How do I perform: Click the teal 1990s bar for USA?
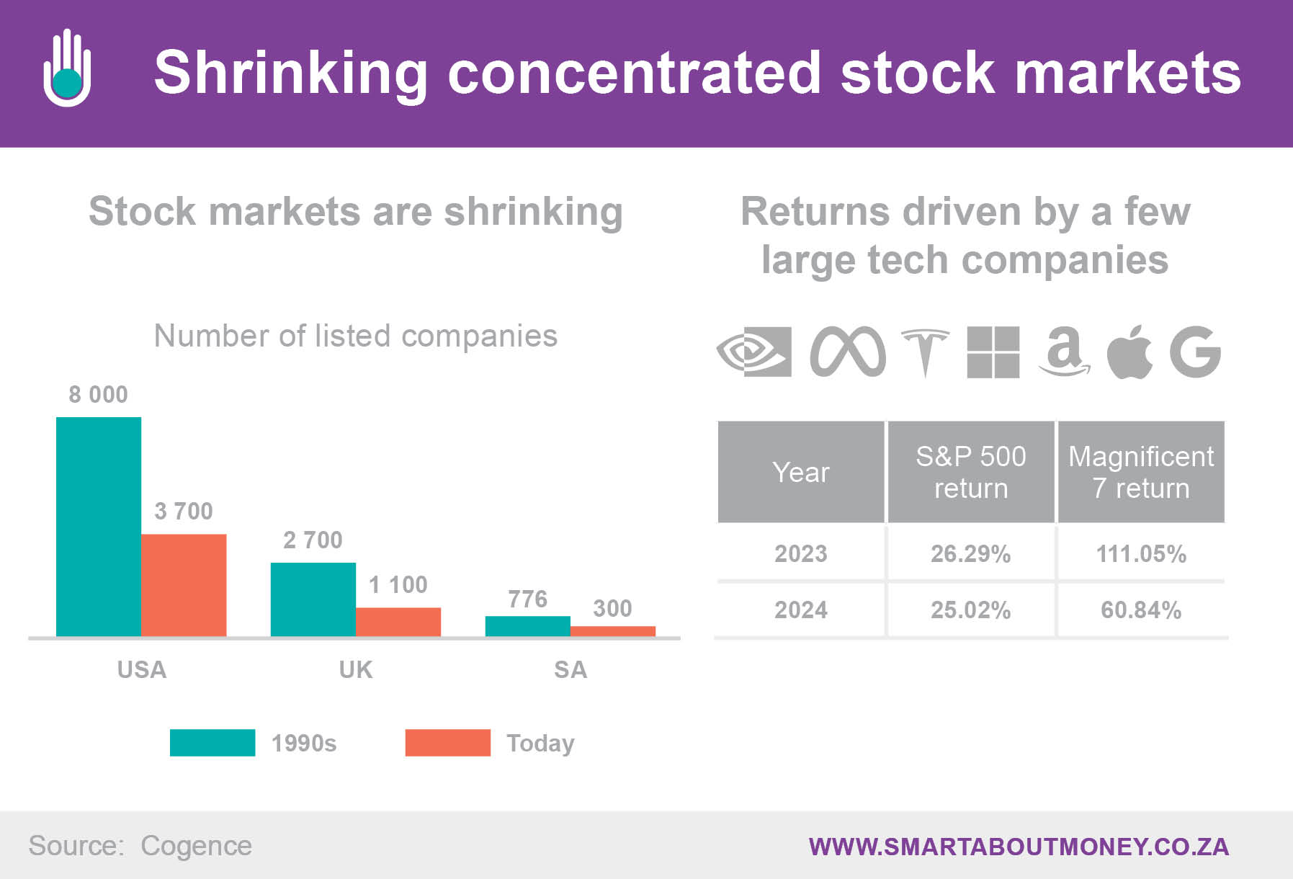click(x=99, y=527)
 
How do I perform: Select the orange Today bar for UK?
click(x=398, y=622)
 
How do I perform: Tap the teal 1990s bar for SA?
click(x=528, y=626)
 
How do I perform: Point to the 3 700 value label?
click(x=184, y=511)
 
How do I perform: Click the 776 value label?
click(x=527, y=599)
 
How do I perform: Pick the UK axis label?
click(x=356, y=669)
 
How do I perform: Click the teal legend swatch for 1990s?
click(x=212, y=742)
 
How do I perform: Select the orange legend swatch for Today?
click(x=448, y=742)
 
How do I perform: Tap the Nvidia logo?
click(x=754, y=352)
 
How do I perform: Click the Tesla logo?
click(x=926, y=352)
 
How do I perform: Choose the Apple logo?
click(x=1129, y=352)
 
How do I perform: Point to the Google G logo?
click(x=1195, y=352)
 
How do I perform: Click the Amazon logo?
click(x=1064, y=352)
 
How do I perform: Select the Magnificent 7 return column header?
click(x=1141, y=472)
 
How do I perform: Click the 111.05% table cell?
click(x=1141, y=553)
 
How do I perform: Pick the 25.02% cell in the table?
click(x=970, y=610)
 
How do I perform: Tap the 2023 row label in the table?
click(x=801, y=553)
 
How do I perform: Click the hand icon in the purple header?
click(x=67, y=68)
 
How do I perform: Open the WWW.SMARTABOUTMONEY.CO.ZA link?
click(x=1019, y=847)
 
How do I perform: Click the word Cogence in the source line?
click(x=196, y=846)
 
